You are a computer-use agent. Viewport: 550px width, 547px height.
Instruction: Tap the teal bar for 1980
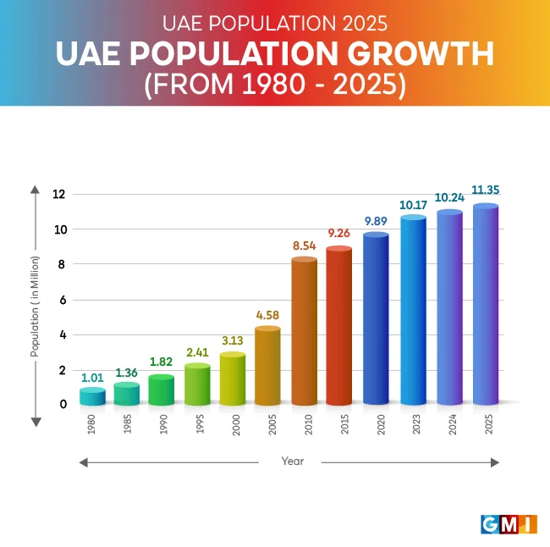[x=93, y=396]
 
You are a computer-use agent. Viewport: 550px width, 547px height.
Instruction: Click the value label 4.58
[x=268, y=317]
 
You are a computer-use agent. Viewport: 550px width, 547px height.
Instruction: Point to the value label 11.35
[x=486, y=193]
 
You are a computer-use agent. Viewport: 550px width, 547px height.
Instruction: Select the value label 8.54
[x=305, y=246]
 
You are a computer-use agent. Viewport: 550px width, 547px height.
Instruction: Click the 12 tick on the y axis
[x=58, y=194]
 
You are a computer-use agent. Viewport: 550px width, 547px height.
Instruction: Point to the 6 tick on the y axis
[x=58, y=300]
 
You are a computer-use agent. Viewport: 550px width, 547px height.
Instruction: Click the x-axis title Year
[x=293, y=461]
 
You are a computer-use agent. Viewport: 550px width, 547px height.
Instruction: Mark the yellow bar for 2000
[x=233, y=379]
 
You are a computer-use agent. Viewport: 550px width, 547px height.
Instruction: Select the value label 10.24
[x=449, y=197]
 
